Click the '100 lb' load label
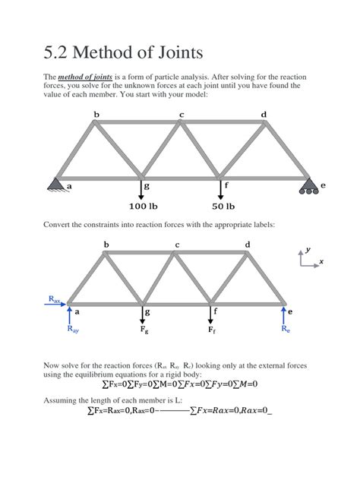point(142,206)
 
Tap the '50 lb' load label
point(223,206)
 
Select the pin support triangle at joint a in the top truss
point(56,184)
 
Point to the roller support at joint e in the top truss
point(308,187)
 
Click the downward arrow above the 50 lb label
point(221,190)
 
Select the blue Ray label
point(73,331)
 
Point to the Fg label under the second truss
point(144,331)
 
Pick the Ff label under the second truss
point(213,331)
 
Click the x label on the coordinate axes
point(321,262)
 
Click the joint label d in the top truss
point(264,115)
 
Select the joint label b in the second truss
point(106,245)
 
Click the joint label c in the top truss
point(181,115)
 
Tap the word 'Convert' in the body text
point(63,225)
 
